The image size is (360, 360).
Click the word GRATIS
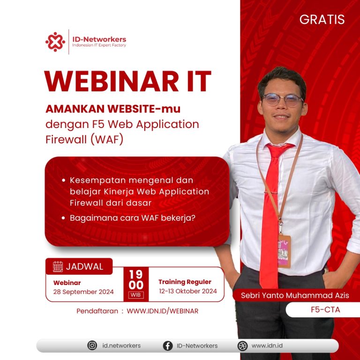click(x=322, y=20)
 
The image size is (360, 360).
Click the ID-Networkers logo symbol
click(x=55, y=42)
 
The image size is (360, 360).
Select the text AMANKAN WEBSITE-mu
click(x=113, y=108)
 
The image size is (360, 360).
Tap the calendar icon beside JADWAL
click(x=58, y=267)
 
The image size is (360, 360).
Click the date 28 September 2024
click(x=83, y=292)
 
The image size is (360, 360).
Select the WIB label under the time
click(x=136, y=295)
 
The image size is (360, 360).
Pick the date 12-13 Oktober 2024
click(x=187, y=291)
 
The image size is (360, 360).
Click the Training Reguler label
click(x=185, y=282)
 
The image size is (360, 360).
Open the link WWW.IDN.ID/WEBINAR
click(x=162, y=311)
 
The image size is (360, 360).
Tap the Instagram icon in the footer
click(x=92, y=345)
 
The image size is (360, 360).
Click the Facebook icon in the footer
click(x=167, y=345)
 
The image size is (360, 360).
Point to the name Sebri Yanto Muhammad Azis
click(x=295, y=295)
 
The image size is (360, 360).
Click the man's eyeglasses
click(x=282, y=99)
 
